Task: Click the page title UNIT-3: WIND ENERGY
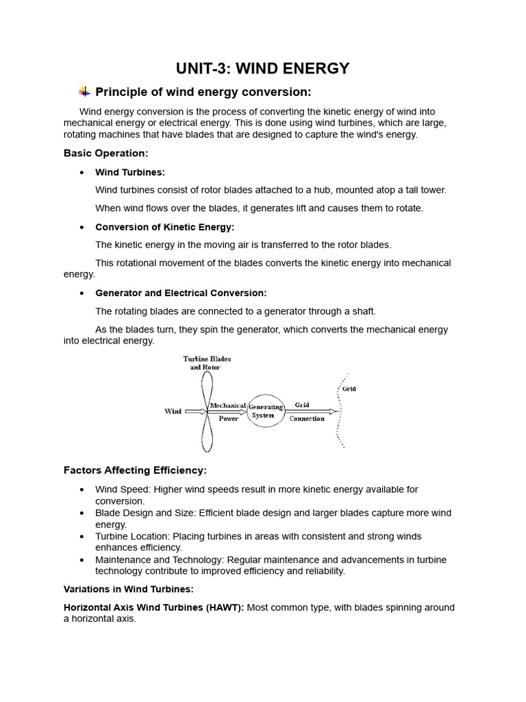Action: (263, 68)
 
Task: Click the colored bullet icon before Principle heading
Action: (84, 92)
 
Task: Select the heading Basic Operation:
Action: (105, 153)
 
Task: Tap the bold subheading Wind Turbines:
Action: (130, 172)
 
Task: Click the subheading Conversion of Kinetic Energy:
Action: (164, 227)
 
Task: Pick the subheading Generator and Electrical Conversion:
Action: (181, 293)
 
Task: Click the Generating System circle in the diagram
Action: (266, 411)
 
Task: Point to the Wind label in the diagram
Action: (173, 411)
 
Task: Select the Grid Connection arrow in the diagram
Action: (312, 411)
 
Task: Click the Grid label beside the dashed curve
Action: (349, 389)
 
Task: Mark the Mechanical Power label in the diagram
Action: (228, 412)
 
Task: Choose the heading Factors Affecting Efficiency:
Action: (135, 470)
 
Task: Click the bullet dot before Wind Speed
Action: (82, 489)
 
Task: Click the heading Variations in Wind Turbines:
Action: (129, 589)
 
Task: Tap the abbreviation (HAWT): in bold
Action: (223, 607)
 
